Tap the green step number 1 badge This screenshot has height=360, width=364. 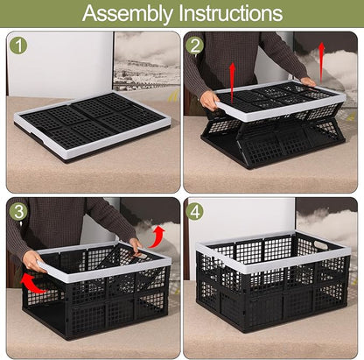coord(20,46)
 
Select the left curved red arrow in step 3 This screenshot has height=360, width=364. coord(32,283)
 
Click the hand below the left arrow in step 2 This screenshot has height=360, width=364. coord(210,100)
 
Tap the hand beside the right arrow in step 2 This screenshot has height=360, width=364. coord(309,81)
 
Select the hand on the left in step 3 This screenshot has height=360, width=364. coord(33,261)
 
